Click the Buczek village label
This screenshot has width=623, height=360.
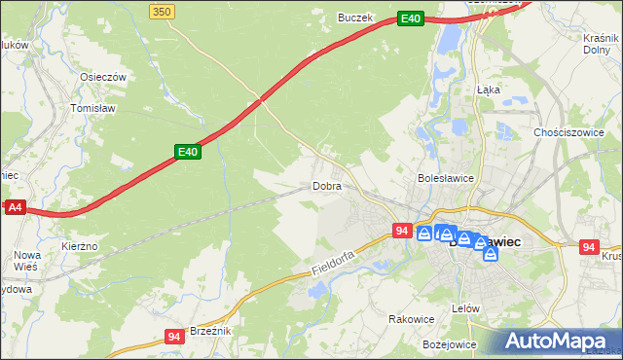click(x=355, y=17)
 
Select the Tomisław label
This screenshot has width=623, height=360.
click(x=94, y=108)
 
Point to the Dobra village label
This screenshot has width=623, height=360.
click(x=327, y=185)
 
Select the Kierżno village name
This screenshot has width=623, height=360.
click(x=80, y=246)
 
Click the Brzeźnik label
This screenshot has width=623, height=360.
click(x=209, y=331)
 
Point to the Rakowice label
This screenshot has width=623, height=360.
click(x=411, y=318)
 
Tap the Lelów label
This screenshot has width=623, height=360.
click(x=467, y=307)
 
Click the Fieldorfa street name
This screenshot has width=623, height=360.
click(x=337, y=255)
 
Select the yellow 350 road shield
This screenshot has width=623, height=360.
click(x=163, y=11)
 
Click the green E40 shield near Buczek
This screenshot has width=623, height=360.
click(x=411, y=18)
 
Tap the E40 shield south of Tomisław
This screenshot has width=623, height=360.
click(x=188, y=152)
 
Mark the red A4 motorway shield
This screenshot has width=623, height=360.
click(x=14, y=207)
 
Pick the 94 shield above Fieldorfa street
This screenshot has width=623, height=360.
click(x=402, y=231)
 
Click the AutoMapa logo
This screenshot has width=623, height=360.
click(x=560, y=341)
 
